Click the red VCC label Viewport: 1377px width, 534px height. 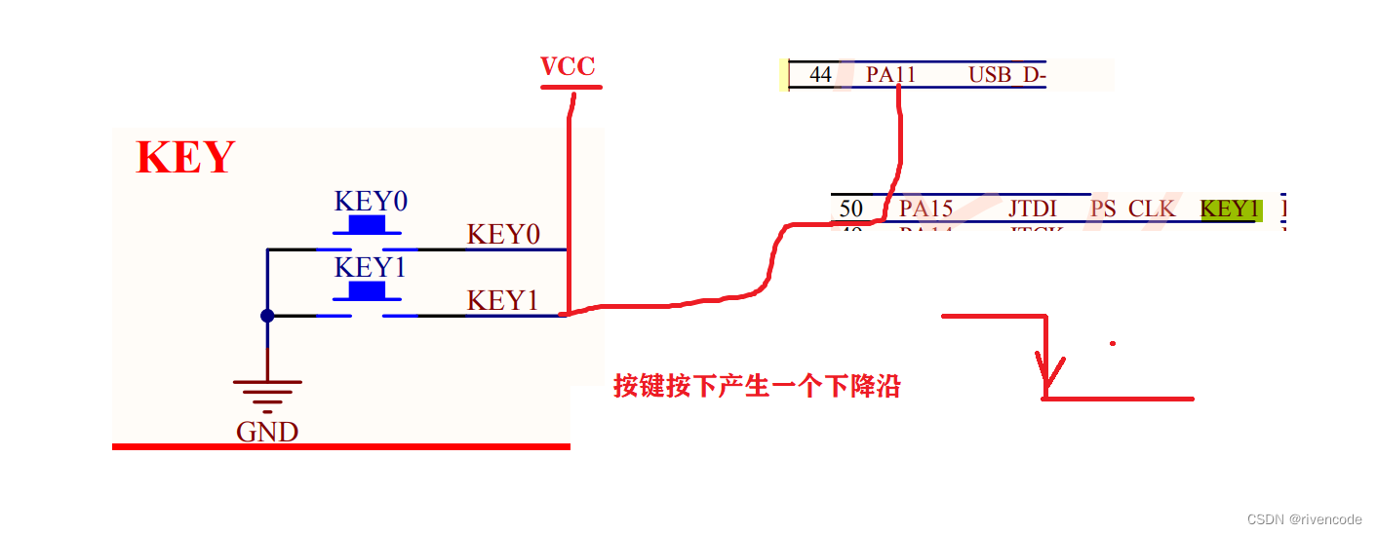569,67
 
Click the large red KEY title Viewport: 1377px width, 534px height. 185,158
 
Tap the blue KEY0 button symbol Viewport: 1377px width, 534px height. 367,226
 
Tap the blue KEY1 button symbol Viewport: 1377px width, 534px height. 367,292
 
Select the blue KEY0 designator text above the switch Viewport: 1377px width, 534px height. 371,202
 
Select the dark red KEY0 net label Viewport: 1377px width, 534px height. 503,235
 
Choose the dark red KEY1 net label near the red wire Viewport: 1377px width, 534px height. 503,301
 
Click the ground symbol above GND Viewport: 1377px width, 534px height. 267,392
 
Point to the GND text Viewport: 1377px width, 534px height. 267,432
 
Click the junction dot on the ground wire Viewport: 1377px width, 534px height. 267,316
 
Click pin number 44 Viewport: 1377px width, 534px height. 821,75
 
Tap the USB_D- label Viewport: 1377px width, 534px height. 1006,75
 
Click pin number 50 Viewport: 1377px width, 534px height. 850,209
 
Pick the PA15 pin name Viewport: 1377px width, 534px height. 925,209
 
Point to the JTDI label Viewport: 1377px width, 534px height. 1033,209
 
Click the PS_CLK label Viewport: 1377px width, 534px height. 1132,209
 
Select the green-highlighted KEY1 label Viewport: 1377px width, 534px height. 1230,209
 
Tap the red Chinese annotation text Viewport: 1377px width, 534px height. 756,387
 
